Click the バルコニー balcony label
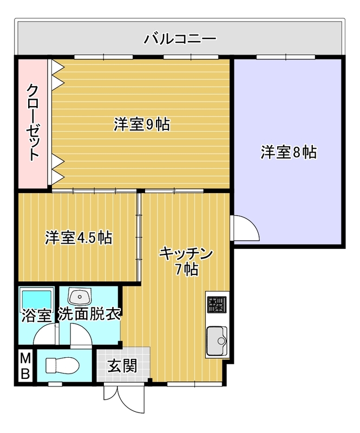180,39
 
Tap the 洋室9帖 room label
142,124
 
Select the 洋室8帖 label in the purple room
289,152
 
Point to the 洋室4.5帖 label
78,237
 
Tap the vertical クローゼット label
33,122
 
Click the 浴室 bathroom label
36,314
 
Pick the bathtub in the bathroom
36,298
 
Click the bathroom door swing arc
44,336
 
